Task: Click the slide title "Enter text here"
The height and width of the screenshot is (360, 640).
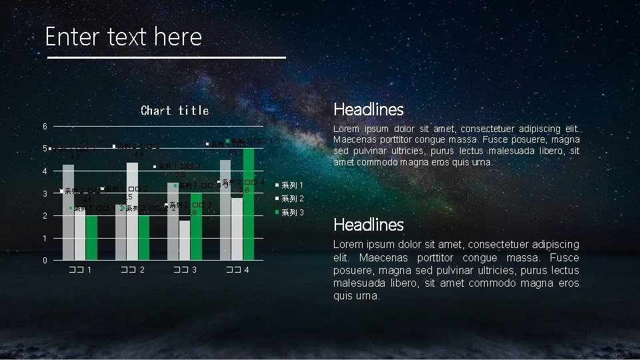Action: click(123, 36)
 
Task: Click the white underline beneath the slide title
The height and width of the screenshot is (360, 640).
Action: click(166, 58)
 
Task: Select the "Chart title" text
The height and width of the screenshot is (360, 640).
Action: click(175, 111)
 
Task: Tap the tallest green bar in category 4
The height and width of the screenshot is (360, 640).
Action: click(249, 207)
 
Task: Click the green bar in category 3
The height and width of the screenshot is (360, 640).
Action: click(196, 227)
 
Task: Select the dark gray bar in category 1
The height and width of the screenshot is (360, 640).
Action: click(68, 213)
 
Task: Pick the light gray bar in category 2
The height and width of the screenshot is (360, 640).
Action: click(132, 213)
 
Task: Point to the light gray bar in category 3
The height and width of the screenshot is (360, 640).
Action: click(185, 240)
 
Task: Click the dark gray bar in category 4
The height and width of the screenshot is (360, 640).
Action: click(225, 213)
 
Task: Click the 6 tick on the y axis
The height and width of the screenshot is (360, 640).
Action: click(45, 127)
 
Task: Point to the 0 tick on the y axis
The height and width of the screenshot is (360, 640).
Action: click(45, 260)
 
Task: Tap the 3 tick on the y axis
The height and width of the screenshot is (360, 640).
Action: click(45, 193)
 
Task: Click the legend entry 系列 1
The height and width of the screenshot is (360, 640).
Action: click(291, 185)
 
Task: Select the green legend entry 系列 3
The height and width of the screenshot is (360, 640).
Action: click(291, 213)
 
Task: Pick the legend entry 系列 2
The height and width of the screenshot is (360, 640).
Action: click(291, 199)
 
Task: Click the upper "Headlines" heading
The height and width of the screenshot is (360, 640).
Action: click(368, 109)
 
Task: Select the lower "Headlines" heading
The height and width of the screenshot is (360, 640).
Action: click(368, 224)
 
